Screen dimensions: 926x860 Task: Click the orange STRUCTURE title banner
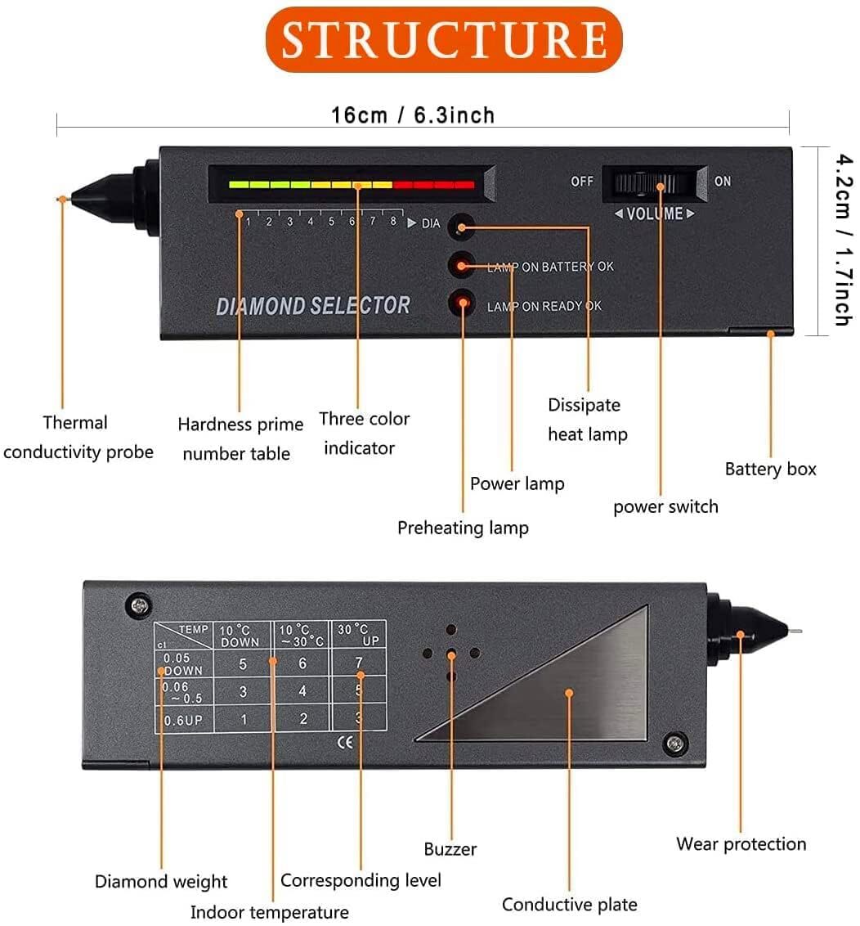click(x=444, y=38)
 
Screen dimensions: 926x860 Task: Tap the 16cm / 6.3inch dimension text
click(x=413, y=115)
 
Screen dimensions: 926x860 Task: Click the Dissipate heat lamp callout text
click(x=585, y=419)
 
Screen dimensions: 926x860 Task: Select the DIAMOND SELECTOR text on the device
click(x=313, y=306)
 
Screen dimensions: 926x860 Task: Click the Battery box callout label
click(x=770, y=469)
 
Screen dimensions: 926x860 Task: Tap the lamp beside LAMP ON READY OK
click(x=462, y=304)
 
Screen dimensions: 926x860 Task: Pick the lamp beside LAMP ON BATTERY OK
click(x=462, y=264)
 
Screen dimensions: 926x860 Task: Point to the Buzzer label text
click(x=450, y=849)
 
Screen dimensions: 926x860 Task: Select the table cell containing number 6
click(x=302, y=663)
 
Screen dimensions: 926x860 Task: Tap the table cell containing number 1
click(x=243, y=719)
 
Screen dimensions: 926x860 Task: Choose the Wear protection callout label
click(x=741, y=843)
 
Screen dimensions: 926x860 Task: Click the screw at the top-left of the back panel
click(x=139, y=605)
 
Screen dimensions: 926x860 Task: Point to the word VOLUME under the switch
click(x=655, y=214)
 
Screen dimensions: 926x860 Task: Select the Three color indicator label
click(x=364, y=434)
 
